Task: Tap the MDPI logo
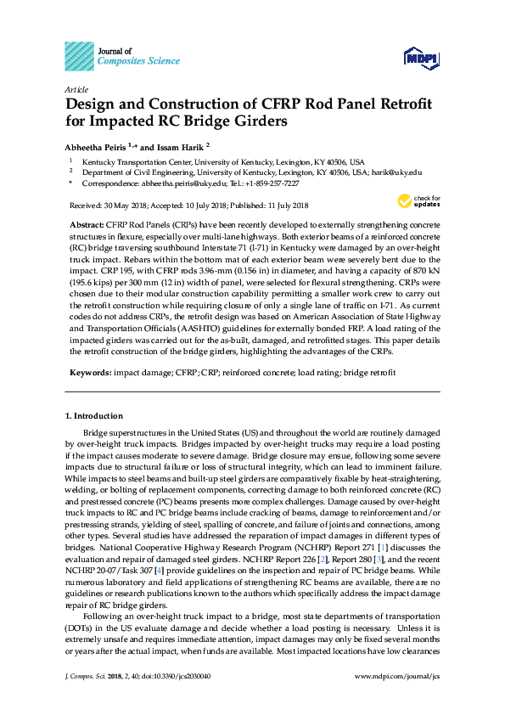[x=421, y=58]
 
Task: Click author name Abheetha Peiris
[x=95, y=145]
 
